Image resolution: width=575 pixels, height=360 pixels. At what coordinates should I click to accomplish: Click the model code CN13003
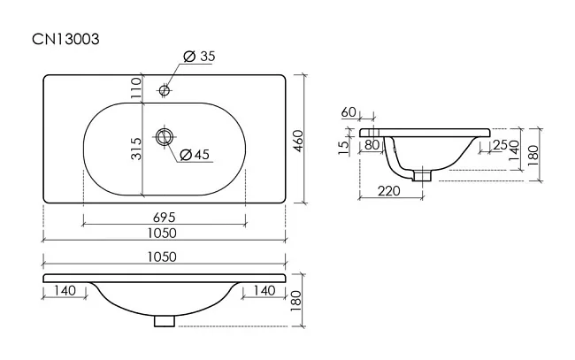click(x=65, y=39)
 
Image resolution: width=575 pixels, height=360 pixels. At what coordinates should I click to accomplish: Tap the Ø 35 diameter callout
click(x=199, y=57)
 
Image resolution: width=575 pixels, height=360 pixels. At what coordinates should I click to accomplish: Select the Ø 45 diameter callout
click(x=195, y=154)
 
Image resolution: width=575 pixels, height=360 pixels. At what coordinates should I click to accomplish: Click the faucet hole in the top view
click(x=164, y=90)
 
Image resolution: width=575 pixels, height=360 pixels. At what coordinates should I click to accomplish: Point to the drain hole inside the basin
click(x=164, y=137)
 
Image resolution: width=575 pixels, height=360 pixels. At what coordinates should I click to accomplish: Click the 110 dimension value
click(x=135, y=88)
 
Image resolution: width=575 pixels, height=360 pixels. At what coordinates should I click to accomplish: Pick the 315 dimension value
click(x=135, y=149)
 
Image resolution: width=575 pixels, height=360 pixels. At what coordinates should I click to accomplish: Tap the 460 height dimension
click(x=297, y=142)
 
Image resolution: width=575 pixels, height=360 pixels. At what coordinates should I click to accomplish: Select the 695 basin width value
click(x=165, y=218)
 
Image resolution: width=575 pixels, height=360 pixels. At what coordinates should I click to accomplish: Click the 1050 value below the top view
click(x=162, y=234)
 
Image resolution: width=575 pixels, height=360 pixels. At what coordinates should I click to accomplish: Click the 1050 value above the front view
click(x=162, y=257)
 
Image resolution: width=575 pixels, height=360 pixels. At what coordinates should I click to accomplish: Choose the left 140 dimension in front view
click(x=65, y=291)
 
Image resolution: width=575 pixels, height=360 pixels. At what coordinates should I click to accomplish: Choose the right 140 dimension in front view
click(x=264, y=291)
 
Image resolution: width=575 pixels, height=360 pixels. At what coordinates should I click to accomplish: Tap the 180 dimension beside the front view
click(x=295, y=301)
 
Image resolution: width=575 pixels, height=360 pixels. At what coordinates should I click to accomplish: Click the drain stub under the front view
click(x=165, y=321)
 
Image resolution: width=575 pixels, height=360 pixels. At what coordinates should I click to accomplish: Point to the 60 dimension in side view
click(x=349, y=112)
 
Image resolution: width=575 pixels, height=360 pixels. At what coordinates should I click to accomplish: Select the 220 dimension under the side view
click(x=388, y=191)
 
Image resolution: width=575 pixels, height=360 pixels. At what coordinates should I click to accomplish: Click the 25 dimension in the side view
click(x=500, y=145)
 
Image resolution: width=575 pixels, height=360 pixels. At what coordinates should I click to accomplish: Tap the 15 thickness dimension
click(x=344, y=148)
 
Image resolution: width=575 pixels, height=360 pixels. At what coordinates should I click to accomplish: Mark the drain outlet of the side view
click(x=423, y=174)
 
